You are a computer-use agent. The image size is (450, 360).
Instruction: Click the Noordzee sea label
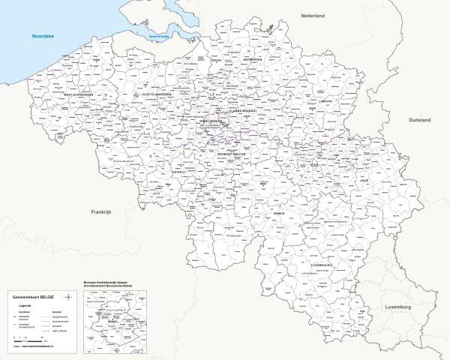click(x=40, y=36)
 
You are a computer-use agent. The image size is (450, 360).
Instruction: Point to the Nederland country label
click(x=313, y=15)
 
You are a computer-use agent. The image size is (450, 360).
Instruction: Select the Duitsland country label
click(x=419, y=120)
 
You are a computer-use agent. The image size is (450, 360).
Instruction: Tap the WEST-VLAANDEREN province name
click(x=77, y=95)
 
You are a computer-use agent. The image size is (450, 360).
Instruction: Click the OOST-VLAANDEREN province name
click(x=157, y=94)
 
